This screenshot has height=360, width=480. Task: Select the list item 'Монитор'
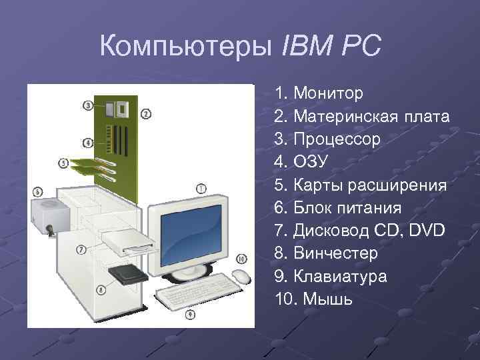327,93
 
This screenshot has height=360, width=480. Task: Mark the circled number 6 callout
37,192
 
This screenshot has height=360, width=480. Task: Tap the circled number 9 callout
190,313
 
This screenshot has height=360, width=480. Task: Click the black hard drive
128,273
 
